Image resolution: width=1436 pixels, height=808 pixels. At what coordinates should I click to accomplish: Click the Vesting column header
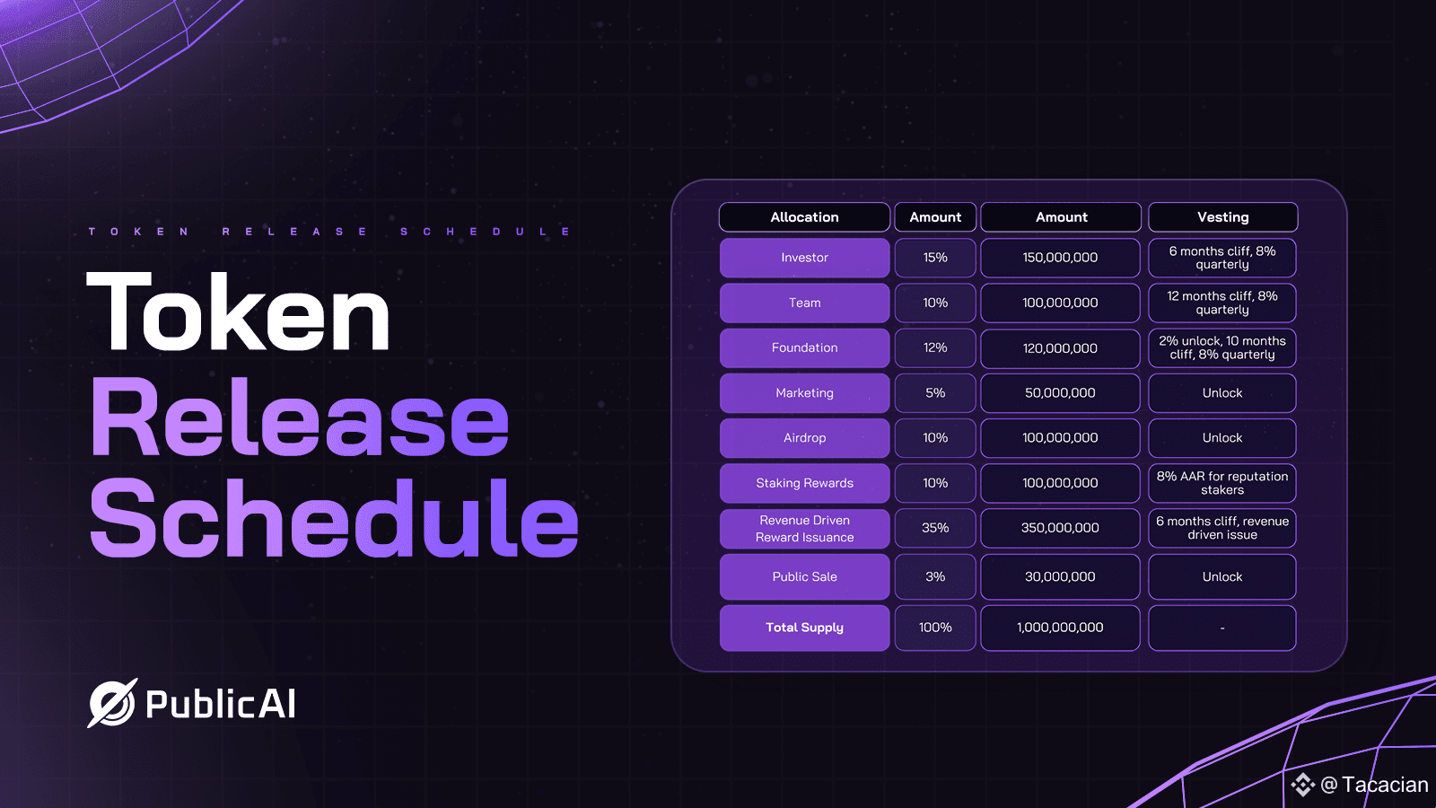click(1222, 216)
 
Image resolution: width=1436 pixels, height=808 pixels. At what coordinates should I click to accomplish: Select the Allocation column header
click(804, 216)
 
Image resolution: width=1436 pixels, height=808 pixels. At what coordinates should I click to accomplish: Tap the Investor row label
click(804, 258)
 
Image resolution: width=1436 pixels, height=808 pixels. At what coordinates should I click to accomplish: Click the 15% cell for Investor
click(935, 258)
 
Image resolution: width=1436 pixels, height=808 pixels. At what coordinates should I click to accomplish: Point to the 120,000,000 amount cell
click(1060, 348)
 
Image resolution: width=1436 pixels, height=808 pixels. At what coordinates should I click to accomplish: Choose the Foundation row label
click(804, 348)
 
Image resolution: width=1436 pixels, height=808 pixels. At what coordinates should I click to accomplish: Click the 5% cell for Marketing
click(935, 393)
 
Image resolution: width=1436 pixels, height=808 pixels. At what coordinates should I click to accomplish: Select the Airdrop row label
click(804, 438)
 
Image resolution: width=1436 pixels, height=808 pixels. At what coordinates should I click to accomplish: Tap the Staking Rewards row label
click(804, 484)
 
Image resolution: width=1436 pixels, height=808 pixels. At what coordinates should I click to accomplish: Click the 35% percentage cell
click(935, 529)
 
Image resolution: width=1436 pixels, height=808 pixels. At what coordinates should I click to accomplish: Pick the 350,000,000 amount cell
click(1060, 529)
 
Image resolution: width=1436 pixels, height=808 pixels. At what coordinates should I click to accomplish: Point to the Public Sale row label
click(804, 577)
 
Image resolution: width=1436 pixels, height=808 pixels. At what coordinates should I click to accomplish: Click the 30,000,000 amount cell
click(1060, 577)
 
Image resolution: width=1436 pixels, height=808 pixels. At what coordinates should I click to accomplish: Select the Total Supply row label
click(804, 628)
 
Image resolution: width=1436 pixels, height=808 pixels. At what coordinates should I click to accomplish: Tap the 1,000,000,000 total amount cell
click(1060, 628)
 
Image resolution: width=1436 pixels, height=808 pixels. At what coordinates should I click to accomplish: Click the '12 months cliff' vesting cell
click(1221, 303)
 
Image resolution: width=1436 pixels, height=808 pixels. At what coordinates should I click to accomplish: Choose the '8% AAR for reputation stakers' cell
click(1221, 484)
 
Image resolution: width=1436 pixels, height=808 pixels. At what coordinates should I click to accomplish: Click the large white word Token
click(238, 311)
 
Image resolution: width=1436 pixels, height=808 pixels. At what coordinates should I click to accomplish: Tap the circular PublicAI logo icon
click(112, 703)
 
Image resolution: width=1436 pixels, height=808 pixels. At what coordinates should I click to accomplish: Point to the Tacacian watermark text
click(1385, 785)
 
